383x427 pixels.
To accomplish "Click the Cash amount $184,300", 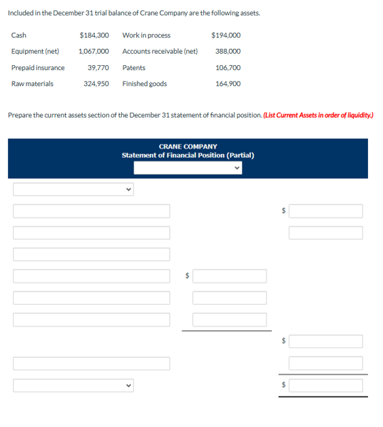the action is (x=94, y=35).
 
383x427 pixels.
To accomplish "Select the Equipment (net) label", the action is (x=35, y=52).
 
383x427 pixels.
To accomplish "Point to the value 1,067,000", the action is (x=94, y=52).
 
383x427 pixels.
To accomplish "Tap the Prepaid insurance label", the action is (x=38, y=68).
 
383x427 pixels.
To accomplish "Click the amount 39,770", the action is (x=98, y=68).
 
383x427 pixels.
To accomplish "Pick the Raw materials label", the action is (x=33, y=84).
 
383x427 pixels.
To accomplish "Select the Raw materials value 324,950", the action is (x=96, y=84).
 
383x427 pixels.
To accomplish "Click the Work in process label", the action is (x=146, y=35).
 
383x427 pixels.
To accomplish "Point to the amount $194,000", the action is (x=226, y=35).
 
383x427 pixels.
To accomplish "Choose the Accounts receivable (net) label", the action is (x=160, y=52).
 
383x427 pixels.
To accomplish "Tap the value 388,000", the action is (x=228, y=52).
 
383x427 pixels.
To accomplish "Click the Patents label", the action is (x=134, y=68).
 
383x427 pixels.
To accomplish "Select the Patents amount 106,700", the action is (x=228, y=68).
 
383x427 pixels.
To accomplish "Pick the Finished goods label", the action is (x=144, y=84).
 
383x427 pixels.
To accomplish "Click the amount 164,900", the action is (x=228, y=84).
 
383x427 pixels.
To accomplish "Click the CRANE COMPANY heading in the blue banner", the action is (x=188, y=146).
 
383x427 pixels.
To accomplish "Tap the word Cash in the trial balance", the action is (x=19, y=35).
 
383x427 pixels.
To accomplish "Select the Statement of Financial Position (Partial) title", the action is (x=188, y=155).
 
